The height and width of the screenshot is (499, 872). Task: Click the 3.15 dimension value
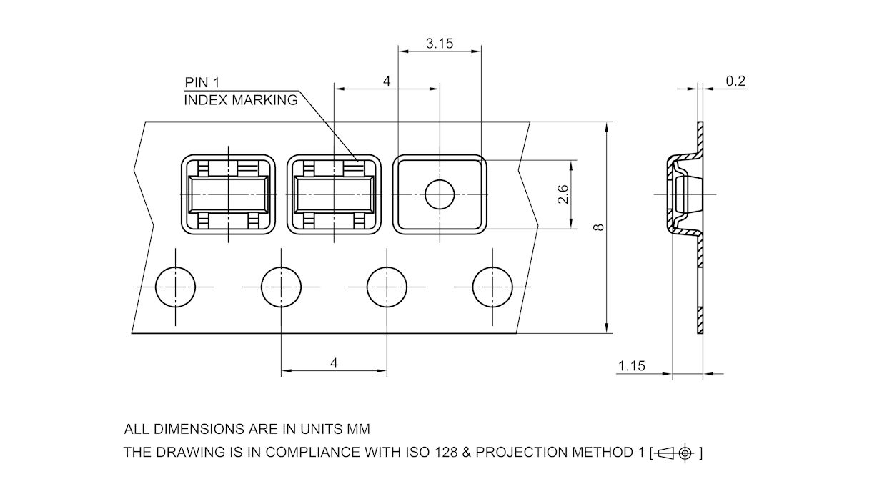pyautogui.click(x=440, y=44)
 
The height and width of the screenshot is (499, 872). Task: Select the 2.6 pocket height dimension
pyautogui.click(x=564, y=194)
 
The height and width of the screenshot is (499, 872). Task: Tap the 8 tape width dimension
pyautogui.click(x=599, y=227)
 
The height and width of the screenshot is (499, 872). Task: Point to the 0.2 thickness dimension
pyautogui.click(x=735, y=81)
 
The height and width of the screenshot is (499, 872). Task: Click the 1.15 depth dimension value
pyautogui.click(x=631, y=366)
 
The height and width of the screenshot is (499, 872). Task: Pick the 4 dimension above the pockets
pyautogui.click(x=387, y=81)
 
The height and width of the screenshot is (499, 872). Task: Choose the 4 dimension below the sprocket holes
pyautogui.click(x=334, y=363)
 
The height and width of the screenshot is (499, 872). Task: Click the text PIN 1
pyautogui.click(x=202, y=83)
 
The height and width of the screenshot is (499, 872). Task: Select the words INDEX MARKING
pyautogui.click(x=241, y=100)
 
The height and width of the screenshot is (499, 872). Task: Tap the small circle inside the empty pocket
pyautogui.click(x=440, y=194)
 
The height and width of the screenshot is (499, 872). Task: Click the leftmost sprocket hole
pyautogui.click(x=175, y=287)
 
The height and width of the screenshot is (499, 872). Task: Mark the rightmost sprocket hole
pyautogui.click(x=492, y=287)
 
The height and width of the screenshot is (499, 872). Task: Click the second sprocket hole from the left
pyautogui.click(x=281, y=287)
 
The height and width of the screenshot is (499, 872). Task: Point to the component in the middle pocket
pyautogui.click(x=334, y=194)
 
